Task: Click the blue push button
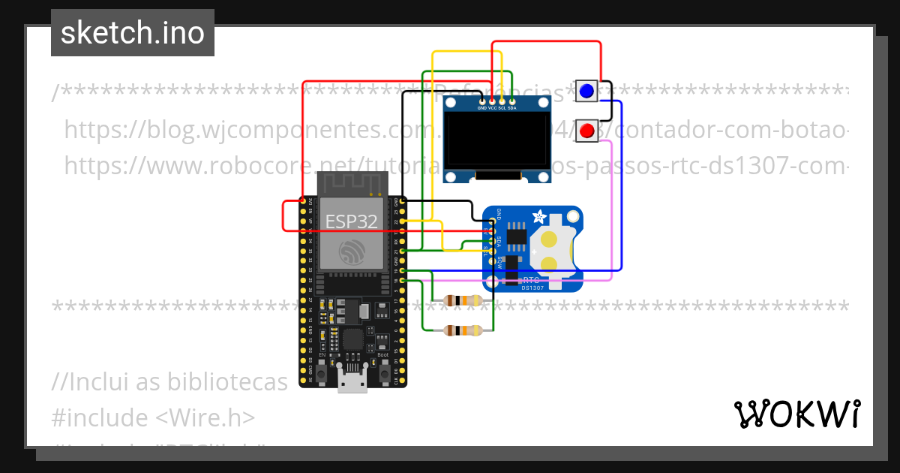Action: pos(586,92)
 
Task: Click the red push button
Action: pos(586,131)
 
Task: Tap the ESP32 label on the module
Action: pos(351,221)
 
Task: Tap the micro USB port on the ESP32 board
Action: pos(352,381)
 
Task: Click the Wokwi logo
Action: pos(796,414)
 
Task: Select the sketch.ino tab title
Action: pos(132,33)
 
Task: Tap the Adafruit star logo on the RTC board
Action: pos(539,218)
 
